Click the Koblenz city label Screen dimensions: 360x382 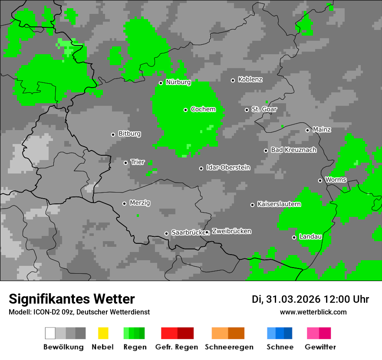[250, 80]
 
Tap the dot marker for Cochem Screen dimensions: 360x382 [185, 110]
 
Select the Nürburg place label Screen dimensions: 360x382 [178, 82]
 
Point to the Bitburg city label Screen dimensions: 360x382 [129, 134]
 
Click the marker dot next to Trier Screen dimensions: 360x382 [126, 163]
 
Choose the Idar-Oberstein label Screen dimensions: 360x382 [228, 168]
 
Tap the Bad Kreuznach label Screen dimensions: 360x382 [293, 150]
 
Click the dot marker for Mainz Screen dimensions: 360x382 [307, 130]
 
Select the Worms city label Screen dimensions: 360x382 [336, 180]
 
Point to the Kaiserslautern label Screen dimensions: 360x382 [279, 204]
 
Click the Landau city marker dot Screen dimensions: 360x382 [294, 237]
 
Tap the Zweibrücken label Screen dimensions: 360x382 [231, 232]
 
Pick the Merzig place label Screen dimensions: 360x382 [140, 203]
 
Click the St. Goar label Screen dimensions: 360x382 [264, 109]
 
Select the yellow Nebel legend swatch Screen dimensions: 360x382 [103, 333]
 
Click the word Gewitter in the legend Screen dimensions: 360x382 [320, 347]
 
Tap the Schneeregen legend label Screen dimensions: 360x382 [228, 347]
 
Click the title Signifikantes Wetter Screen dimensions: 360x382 [72, 299]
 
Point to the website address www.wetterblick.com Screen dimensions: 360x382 [313, 312]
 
